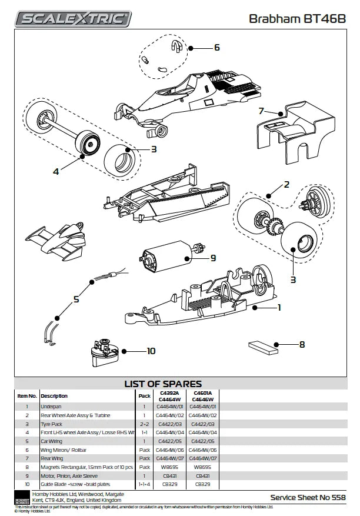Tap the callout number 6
tap(216, 47)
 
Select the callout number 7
tap(261, 110)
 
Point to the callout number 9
tap(213, 257)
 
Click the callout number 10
tap(151, 351)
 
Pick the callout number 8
tap(302, 345)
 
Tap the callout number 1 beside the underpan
tap(279, 307)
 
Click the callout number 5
tap(76, 299)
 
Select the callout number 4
tap(56, 172)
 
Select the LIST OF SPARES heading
tap(163, 384)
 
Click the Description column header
tap(54, 396)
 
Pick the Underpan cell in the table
tap(51, 406)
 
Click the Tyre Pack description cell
tap(52, 423)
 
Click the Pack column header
tap(145, 396)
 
